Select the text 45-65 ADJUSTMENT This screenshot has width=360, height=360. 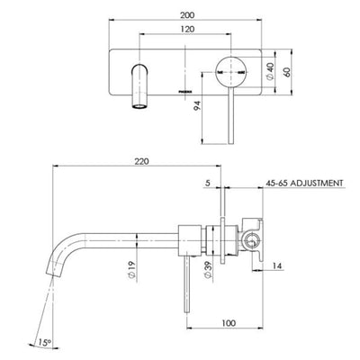[305, 183]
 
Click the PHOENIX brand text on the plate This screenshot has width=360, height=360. [175, 92]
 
